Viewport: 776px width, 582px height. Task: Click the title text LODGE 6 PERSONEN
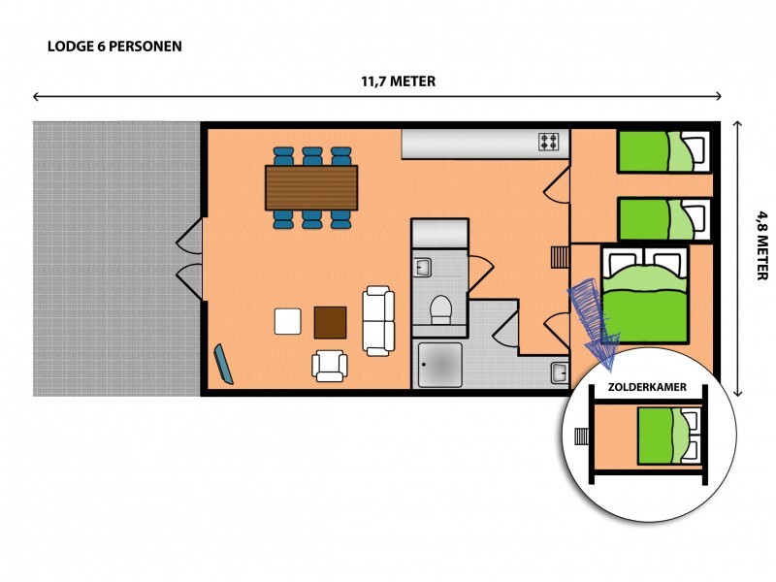[114, 47]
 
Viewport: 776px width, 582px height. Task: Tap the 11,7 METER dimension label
[399, 81]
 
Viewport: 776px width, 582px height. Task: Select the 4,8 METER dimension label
[762, 245]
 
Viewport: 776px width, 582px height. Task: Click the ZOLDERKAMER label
[647, 387]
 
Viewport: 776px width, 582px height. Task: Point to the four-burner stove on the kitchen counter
[549, 142]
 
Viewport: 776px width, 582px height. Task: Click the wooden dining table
[311, 187]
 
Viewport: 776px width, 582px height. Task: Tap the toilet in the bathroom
[440, 309]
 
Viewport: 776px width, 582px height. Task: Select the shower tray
[440, 366]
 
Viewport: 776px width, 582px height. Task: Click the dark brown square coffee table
[330, 323]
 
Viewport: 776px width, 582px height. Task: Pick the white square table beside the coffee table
[288, 321]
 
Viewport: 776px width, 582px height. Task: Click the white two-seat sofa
[378, 321]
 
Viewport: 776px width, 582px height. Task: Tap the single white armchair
[330, 366]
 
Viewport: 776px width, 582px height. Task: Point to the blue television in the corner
[223, 365]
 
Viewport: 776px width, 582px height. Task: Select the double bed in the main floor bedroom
[645, 295]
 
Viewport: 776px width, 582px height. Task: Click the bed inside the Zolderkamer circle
[669, 436]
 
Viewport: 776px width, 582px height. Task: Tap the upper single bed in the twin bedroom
[663, 151]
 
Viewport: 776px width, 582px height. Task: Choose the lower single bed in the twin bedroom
[663, 219]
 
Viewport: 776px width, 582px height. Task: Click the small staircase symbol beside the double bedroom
[561, 257]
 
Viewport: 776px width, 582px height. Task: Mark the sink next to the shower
[560, 372]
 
